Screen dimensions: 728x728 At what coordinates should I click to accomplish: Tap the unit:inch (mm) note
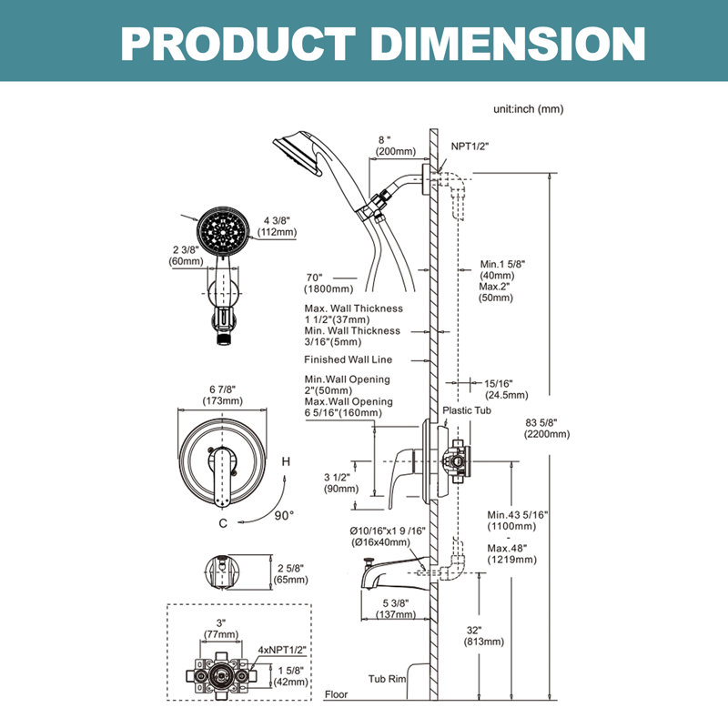(529, 109)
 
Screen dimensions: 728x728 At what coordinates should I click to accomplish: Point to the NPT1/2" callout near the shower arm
(470, 147)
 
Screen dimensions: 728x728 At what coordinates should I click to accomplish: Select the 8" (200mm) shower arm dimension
(396, 146)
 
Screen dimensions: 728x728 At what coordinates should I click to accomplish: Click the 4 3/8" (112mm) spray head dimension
(278, 226)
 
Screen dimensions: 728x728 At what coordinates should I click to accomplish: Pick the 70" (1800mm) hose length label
(329, 283)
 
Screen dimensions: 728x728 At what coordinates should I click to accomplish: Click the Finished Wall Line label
(349, 359)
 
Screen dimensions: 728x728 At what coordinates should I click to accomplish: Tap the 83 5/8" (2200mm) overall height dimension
(547, 429)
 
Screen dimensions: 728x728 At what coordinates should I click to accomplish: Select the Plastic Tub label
(467, 410)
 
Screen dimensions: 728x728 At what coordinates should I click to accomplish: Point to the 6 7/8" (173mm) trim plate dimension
(222, 395)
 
